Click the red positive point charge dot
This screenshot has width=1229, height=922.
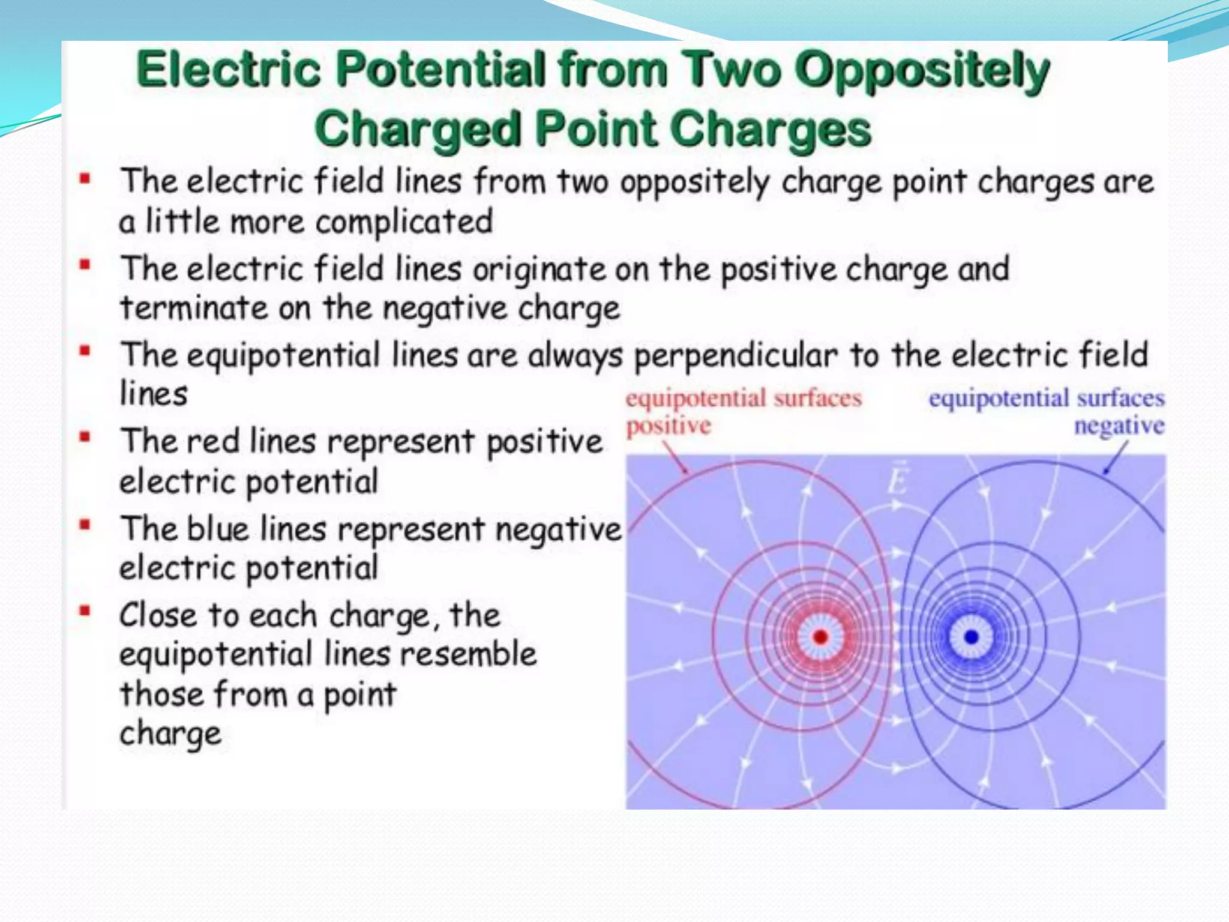[x=820, y=637]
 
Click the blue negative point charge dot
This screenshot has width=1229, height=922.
[x=971, y=637]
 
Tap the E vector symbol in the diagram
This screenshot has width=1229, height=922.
[x=897, y=479]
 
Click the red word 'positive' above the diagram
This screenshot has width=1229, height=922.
[x=669, y=426]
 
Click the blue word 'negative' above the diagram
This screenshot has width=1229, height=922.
[x=1119, y=426]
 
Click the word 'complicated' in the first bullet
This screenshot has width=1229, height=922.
[x=404, y=222]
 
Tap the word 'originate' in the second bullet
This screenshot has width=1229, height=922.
[x=539, y=269]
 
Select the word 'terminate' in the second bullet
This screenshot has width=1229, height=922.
[x=194, y=309]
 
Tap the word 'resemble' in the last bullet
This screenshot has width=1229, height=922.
[x=468, y=654]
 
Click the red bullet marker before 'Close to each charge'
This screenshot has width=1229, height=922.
[x=85, y=612]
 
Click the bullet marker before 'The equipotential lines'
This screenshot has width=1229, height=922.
[x=85, y=351]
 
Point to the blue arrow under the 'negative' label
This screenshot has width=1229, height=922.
[x=1116, y=459]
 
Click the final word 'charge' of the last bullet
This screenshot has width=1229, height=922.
[x=170, y=734]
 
